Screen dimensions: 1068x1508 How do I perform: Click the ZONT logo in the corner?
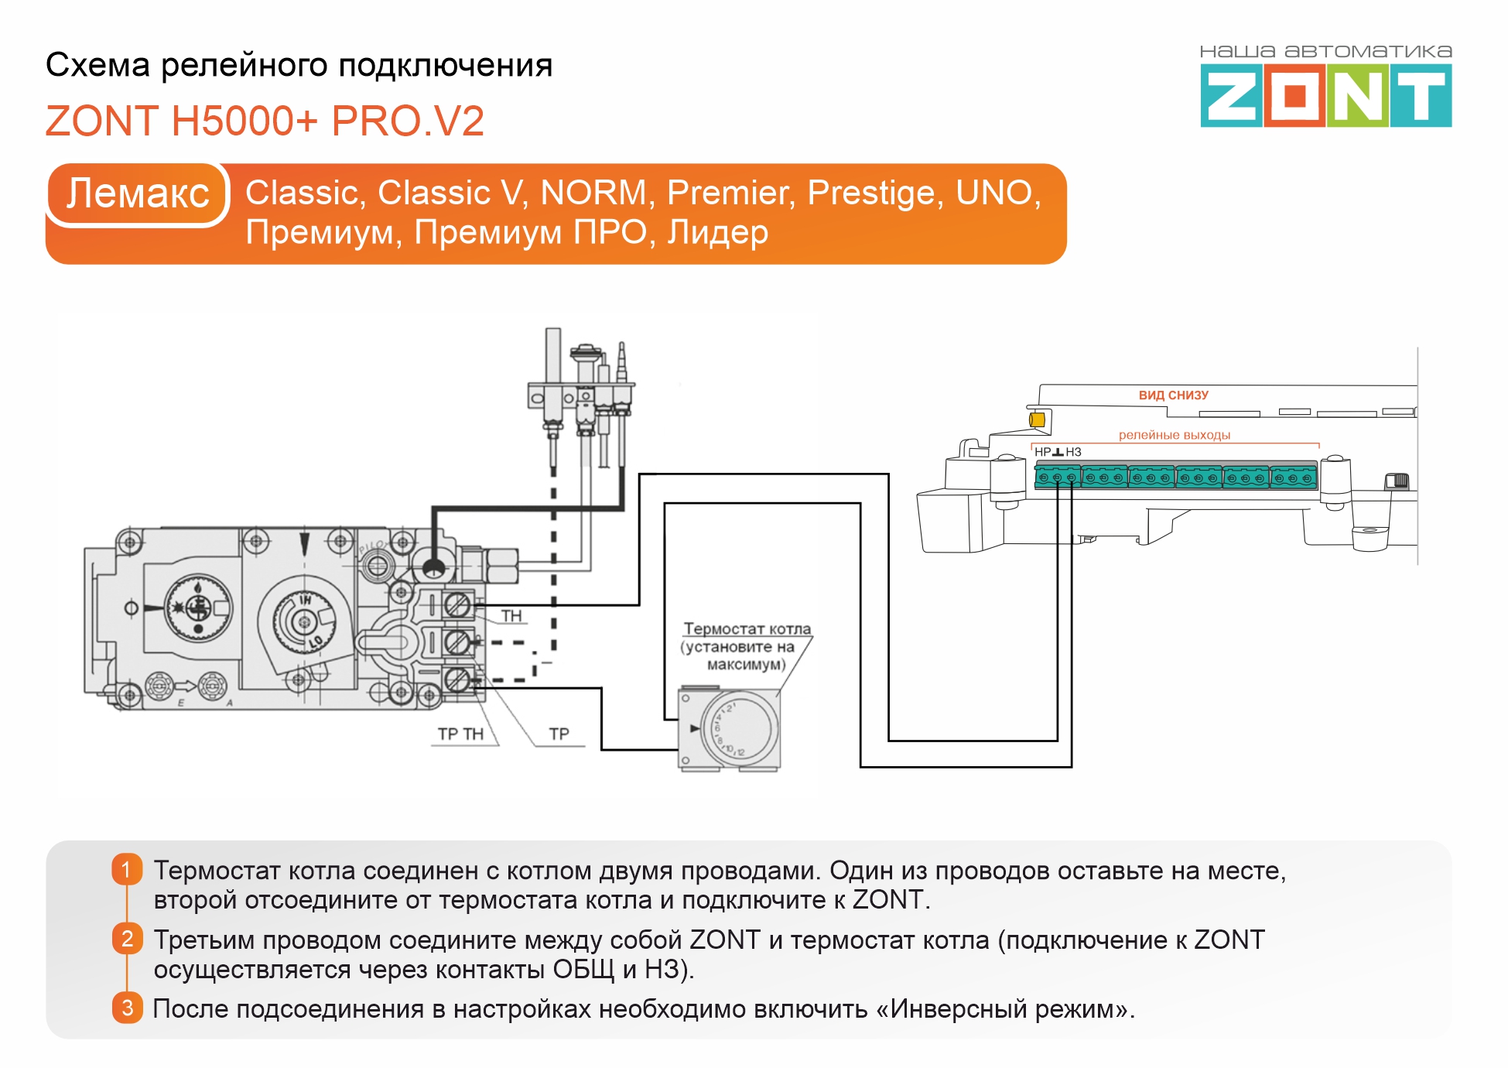tap(1325, 96)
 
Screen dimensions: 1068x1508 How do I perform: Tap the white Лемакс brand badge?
tap(138, 193)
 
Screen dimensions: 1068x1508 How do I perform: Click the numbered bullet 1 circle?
tap(127, 869)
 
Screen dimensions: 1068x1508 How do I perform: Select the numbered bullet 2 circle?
tap(127, 939)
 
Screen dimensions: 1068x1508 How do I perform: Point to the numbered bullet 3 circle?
tap(127, 1008)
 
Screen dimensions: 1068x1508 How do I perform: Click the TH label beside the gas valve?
tap(511, 616)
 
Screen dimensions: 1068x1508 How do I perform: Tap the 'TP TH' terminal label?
tap(460, 734)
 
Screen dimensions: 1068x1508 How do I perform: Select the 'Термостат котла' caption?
tap(747, 628)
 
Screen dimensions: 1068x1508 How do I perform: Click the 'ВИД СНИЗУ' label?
tap(1173, 395)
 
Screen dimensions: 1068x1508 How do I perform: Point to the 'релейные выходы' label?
tap(1174, 435)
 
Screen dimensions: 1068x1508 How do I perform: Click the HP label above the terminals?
tap(1042, 452)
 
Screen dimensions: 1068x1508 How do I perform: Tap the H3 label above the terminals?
tap(1073, 452)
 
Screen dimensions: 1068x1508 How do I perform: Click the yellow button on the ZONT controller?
tap(1037, 419)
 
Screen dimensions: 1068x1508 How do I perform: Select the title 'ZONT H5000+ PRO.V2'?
tap(265, 122)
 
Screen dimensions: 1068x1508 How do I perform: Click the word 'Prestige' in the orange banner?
tap(875, 193)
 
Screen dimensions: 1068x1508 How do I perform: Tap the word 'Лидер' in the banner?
tap(717, 232)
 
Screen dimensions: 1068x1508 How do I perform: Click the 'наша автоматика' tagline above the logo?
tap(1325, 52)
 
